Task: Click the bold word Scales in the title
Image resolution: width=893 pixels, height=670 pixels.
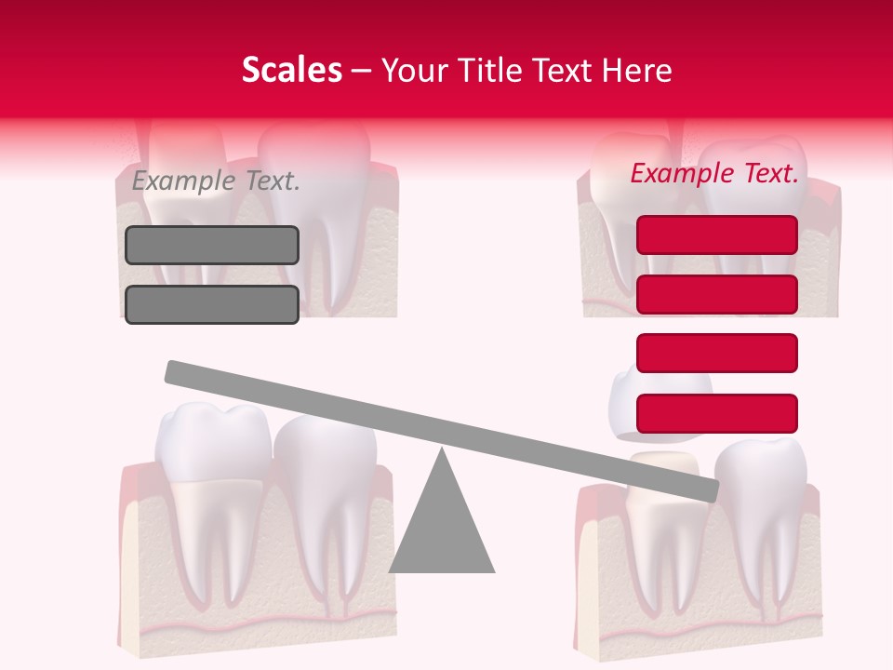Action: (x=291, y=70)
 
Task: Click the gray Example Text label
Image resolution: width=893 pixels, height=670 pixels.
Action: (x=216, y=181)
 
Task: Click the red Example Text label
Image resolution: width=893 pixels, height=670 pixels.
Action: (x=714, y=173)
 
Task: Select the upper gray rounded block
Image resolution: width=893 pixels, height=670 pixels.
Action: (x=212, y=245)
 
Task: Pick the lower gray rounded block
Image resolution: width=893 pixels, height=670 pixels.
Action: (x=212, y=304)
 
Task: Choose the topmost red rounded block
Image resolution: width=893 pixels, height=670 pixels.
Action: (x=717, y=234)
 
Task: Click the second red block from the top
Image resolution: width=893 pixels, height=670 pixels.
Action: (x=717, y=294)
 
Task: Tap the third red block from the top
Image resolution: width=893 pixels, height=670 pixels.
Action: (x=717, y=354)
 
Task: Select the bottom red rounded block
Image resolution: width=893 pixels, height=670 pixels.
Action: (x=717, y=413)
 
